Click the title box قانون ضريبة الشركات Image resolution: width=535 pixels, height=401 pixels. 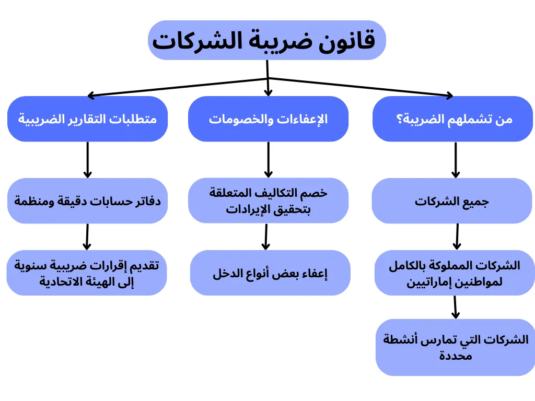coord(267,40)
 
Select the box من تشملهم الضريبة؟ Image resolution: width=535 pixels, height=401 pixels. coord(452,119)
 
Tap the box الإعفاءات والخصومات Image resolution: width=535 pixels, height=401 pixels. coord(268,119)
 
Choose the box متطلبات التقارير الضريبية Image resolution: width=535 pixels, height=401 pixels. coord(87,119)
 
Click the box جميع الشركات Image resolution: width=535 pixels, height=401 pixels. coord(452,201)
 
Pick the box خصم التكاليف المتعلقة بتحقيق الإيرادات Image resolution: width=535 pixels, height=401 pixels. coord(268,201)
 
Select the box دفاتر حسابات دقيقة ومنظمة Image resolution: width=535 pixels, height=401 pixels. coord(87,201)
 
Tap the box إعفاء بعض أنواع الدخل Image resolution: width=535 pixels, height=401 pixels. coord(270,273)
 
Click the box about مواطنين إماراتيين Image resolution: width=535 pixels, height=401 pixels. coord(454,273)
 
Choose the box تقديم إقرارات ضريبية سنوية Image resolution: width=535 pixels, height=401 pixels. coord(87,273)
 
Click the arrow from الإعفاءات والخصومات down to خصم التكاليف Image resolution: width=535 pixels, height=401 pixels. coord(268,160)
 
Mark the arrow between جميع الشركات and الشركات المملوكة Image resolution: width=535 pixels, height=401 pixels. coord(457,237)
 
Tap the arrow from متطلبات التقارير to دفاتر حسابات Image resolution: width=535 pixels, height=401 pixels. coord(87,160)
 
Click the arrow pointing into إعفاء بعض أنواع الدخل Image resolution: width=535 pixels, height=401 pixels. coord(266,237)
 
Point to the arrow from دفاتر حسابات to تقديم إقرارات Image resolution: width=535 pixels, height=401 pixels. coord(87,237)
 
